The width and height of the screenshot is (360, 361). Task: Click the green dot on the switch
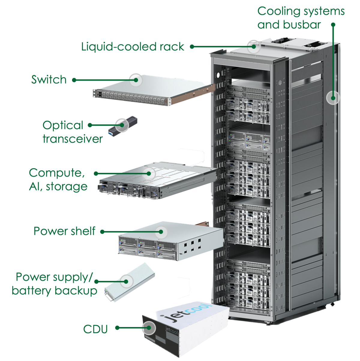[x=136, y=80]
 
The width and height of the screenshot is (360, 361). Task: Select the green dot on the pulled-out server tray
[x=148, y=173]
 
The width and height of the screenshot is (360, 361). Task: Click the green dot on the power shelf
[x=161, y=232]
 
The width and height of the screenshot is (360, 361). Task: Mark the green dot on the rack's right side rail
[x=333, y=98]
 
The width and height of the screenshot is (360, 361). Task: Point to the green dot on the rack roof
[x=254, y=47]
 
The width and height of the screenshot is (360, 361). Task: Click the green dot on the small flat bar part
[x=126, y=281]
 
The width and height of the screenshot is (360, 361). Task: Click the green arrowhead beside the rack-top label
[x=191, y=48]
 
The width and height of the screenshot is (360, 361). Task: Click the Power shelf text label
[x=63, y=233]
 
